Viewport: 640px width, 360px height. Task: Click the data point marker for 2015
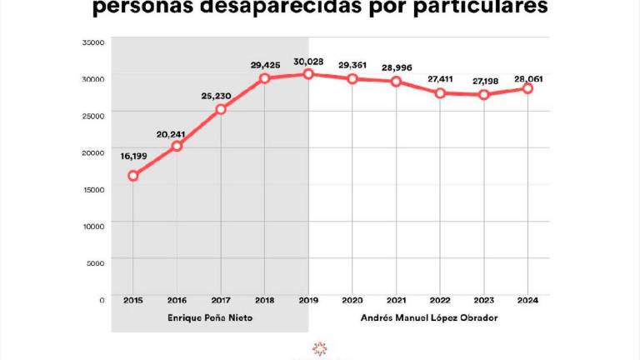(x=132, y=176)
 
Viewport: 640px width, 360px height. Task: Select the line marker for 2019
(x=308, y=73)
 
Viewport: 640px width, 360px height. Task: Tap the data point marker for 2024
(x=527, y=88)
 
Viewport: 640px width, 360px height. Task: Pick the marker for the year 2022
(x=440, y=92)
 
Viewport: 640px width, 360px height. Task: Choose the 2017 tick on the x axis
(x=220, y=300)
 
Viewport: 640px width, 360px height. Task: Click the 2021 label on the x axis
(x=396, y=300)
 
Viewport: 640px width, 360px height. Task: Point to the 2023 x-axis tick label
(x=484, y=300)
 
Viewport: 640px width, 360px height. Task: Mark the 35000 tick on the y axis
(x=93, y=41)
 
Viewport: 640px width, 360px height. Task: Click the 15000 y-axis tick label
(x=93, y=188)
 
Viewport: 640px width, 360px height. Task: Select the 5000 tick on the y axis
(x=95, y=262)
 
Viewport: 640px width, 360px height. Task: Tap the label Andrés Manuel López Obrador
(x=429, y=318)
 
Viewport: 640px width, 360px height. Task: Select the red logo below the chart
(x=319, y=347)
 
